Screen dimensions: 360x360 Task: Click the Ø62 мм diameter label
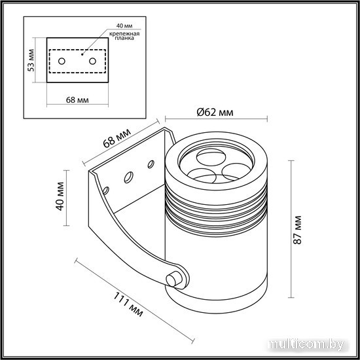tap(215, 113)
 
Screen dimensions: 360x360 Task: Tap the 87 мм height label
tap(298, 230)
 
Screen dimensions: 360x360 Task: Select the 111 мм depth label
tap(128, 304)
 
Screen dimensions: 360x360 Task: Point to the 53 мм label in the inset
tap(31, 60)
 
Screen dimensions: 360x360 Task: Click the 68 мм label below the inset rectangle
tap(77, 100)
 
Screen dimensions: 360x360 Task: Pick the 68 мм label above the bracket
tap(117, 138)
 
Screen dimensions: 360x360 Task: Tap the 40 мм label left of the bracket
tap(60, 196)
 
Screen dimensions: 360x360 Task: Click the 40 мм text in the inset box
tap(124, 26)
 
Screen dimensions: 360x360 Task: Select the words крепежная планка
tap(124, 36)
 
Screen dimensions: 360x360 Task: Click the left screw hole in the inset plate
tap(62, 62)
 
